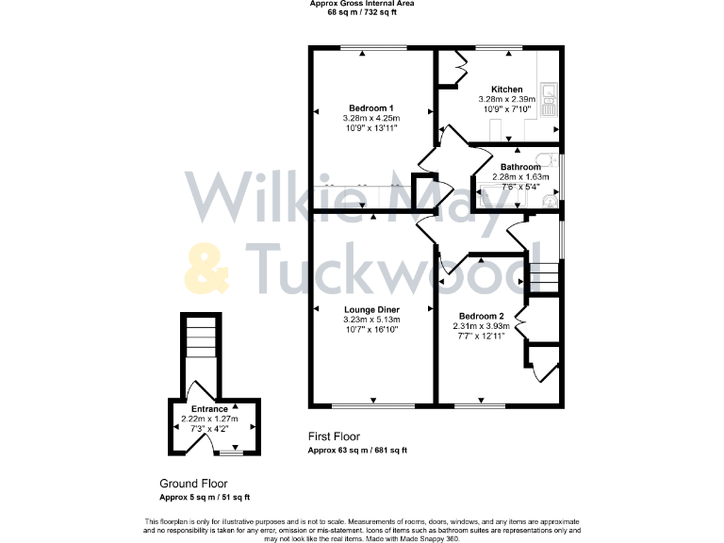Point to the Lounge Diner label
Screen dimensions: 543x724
(370, 309)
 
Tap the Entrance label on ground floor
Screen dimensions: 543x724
(208, 409)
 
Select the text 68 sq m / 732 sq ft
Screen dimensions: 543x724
(361, 13)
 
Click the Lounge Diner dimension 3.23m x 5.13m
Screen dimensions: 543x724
(370, 319)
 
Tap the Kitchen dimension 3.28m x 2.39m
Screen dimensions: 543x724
(506, 99)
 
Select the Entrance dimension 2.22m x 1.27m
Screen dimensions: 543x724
(209, 419)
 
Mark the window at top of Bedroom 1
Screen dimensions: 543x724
(373, 48)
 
